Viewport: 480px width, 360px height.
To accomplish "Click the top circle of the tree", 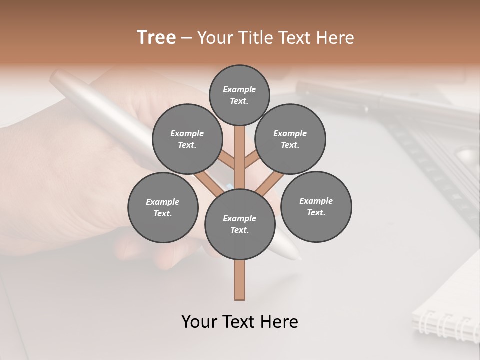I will tap(239, 95).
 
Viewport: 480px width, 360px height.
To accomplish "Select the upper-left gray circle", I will tap(187, 139).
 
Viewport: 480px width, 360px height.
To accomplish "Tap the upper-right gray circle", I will tap(290, 139).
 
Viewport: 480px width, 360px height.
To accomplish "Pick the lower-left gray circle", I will tap(163, 207).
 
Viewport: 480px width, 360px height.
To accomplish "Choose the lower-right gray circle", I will tap(316, 206).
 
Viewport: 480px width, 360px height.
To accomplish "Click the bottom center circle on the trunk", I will tap(240, 224).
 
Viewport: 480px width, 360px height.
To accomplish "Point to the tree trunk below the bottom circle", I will tap(240, 280).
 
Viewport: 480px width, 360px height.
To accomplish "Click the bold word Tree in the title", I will tap(156, 37).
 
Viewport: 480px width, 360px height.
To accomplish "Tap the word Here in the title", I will tap(336, 37).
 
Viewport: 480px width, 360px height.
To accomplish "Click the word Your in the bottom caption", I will tap(200, 322).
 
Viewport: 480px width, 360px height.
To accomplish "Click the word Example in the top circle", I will tap(239, 90).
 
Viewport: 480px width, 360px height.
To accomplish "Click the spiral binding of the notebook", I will tap(445, 325).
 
